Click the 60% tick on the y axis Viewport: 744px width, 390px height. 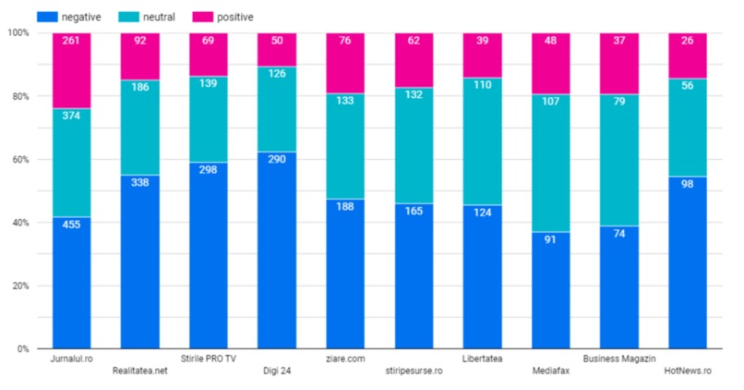click(18, 160)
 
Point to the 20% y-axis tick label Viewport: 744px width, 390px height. click(18, 286)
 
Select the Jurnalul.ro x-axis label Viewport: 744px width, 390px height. click(71, 359)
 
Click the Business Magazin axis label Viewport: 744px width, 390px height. click(618, 359)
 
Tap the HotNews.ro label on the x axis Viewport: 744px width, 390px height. click(688, 372)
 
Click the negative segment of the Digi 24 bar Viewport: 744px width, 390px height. click(277, 250)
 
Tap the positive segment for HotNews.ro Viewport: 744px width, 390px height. click(688, 55)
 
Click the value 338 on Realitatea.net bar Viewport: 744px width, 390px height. click(139, 183)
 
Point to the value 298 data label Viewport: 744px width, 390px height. click(209, 170)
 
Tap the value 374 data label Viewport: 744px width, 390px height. click(71, 116)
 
